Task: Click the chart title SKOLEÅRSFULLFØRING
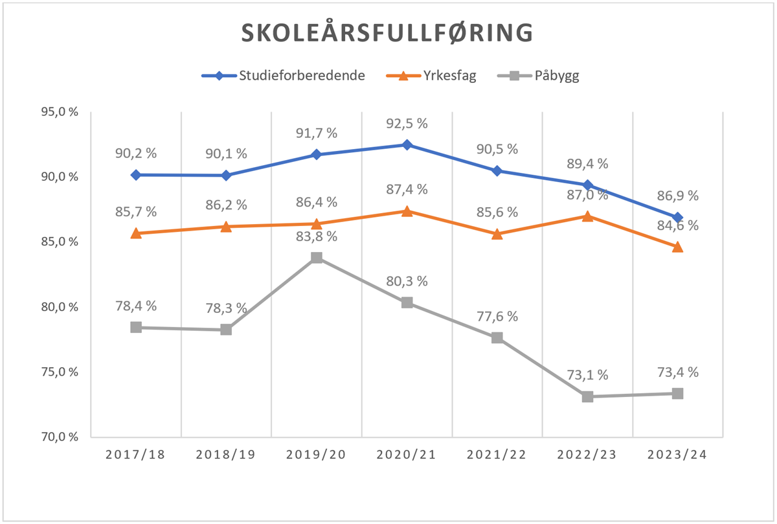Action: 387,33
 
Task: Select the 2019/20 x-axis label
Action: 316,455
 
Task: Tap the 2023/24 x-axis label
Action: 677,455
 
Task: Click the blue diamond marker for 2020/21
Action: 407,144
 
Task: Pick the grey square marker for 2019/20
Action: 317,258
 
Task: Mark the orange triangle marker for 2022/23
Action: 587,216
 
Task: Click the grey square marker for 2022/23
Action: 587,396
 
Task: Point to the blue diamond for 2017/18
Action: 136,175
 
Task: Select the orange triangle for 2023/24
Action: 677,247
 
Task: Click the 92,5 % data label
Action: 407,124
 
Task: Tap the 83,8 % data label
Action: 317,236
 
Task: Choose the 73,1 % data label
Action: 587,375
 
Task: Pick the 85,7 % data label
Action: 136,212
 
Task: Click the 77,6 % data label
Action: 497,317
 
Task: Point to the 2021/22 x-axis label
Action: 497,455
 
